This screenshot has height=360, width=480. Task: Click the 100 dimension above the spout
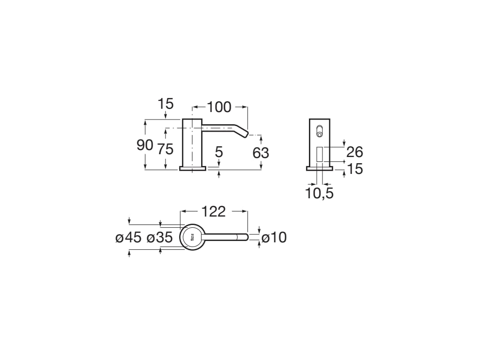tap(219, 107)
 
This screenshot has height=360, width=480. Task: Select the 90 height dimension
tap(145, 145)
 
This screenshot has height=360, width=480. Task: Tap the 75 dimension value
tap(165, 149)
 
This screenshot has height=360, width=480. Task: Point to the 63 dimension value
tap(261, 153)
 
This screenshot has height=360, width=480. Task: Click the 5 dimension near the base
tap(218, 152)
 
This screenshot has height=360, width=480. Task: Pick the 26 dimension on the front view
tap(355, 152)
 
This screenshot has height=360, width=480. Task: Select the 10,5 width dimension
tap(320, 193)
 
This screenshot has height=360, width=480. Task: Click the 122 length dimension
tap(214, 211)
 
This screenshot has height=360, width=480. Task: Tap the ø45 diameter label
tap(128, 238)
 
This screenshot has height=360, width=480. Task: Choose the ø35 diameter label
tap(160, 238)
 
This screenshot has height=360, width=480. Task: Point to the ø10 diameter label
tap(274, 238)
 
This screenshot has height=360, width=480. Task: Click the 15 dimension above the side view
tap(165, 104)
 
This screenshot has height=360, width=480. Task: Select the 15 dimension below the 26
tap(355, 169)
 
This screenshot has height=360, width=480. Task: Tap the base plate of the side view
tap(192, 168)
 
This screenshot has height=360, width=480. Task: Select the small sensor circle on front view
tap(320, 135)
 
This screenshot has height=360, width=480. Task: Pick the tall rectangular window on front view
tap(320, 155)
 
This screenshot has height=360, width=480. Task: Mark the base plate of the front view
tap(320, 168)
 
